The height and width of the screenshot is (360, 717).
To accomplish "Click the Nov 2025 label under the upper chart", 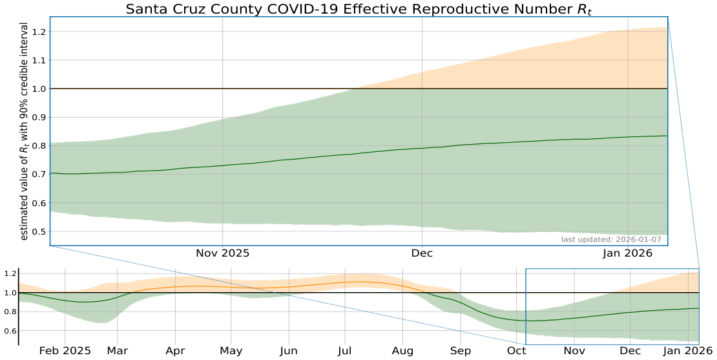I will (x=222, y=253).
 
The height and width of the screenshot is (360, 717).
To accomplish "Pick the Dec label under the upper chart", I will (x=422, y=253).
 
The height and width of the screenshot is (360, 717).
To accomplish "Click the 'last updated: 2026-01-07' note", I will (x=611, y=240).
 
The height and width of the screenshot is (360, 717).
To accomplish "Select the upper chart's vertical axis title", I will (x=24, y=132).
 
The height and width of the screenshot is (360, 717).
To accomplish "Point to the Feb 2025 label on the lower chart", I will (x=65, y=351).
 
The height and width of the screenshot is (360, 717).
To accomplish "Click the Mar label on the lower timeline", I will (x=118, y=351).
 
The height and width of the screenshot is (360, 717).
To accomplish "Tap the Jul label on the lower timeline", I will (x=346, y=351).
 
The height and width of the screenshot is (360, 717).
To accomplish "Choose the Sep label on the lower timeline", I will (x=461, y=351).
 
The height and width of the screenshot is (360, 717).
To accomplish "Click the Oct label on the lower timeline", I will (x=516, y=351).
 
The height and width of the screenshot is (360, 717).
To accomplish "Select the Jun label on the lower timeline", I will (x=289, y=351).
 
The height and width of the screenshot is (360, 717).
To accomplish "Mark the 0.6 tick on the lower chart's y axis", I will (x=8, y=331).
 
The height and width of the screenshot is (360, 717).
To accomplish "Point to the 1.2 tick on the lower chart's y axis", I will (x=8, y=274).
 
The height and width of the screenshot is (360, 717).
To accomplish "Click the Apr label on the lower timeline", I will (x=174, y=351).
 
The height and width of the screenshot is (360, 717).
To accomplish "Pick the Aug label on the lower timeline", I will (x=402, y=351).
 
